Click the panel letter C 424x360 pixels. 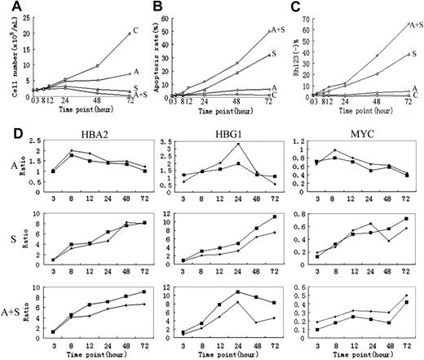tap(292, 7)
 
